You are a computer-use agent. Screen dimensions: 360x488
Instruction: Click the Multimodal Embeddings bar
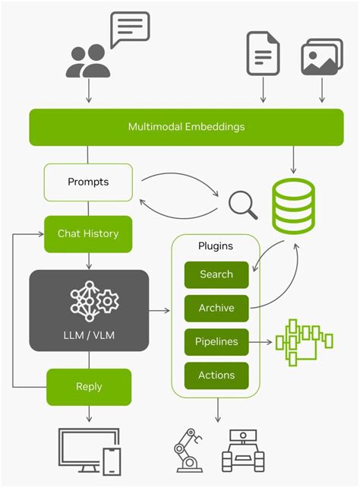(x=187, y=127)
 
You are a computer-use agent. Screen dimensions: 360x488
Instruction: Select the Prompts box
(x=88, y=182)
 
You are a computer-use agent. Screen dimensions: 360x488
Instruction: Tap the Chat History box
(x=88, y=234)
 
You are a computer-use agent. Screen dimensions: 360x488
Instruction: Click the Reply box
(x=89, y=387)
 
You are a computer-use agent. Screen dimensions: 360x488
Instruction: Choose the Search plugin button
(x=216, y=275)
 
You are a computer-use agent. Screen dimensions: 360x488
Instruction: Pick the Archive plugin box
(x=216, y=309)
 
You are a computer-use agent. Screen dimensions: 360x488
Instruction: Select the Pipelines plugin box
(x=216, y=342)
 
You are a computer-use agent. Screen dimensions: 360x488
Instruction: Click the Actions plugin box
(x=216, y=376)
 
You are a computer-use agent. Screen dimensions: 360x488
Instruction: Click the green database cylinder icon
(x=293, y=206)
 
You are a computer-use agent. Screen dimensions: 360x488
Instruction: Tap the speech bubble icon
(x=130, y=30)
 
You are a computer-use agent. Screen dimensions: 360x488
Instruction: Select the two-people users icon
(x=88, y=61)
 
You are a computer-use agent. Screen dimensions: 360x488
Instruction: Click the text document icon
(x=263, y=53)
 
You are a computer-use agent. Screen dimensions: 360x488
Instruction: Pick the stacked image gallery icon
(x=322, y=56)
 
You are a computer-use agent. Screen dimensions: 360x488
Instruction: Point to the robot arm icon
(x=188, y=450)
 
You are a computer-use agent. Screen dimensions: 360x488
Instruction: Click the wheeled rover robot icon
(x=243, y=451)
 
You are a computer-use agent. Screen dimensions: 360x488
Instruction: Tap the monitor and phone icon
(x=89, y=452)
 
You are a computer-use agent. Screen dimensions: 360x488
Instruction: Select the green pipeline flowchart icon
(x=304, y=342)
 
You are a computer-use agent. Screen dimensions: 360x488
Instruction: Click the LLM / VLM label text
(x=89, y=335)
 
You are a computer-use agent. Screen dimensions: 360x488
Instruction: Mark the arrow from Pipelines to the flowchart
(x=261, y=342)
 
